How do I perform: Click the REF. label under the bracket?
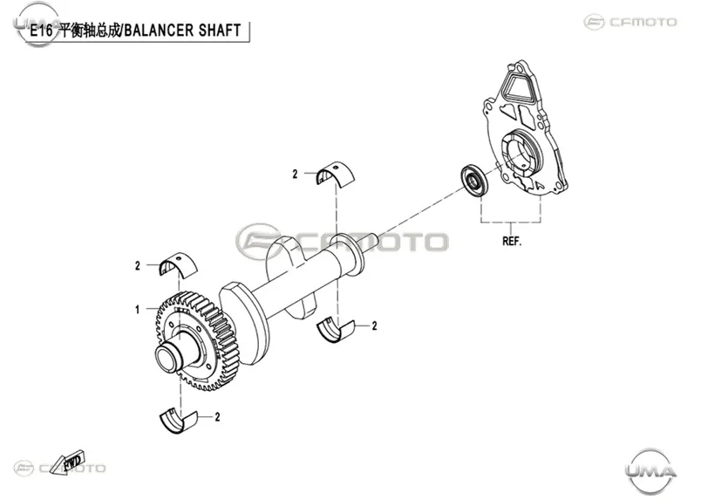[512, 241]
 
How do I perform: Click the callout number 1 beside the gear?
[138, 309]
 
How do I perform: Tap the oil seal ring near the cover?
[474, 180]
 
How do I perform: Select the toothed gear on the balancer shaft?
[197, 340]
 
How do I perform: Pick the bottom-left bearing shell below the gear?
[179, 421]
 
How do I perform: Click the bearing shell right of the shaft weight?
[336, 331]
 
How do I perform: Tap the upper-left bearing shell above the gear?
[179, 264]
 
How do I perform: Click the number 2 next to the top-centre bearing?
[295, 175]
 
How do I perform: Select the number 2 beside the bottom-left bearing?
[218, 417]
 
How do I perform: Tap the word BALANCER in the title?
[159, 31]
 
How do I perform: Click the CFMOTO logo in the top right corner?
[630, 22]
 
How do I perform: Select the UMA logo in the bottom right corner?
[650, 470]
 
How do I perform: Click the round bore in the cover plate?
[520, 152]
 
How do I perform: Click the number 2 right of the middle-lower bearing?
[375, 325]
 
